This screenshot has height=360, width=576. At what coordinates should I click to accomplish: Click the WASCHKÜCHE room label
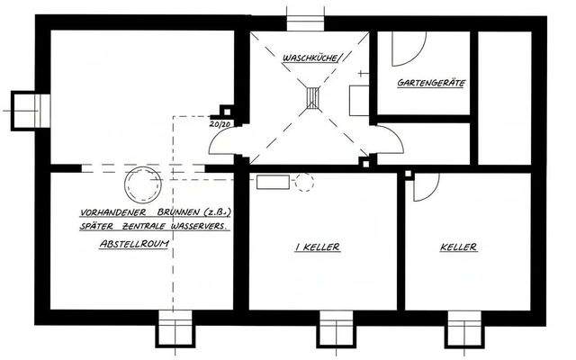[x=310, y=58]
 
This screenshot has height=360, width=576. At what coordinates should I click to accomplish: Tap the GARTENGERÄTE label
[x=431, y=83]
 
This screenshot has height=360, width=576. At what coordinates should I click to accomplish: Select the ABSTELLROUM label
[x=134, y=244]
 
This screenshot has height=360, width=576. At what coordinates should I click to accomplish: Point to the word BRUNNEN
[x=178, y=212]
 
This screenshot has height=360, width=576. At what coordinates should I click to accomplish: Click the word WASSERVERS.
[x=200, y=226]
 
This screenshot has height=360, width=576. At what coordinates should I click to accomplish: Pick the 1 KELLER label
[x=318, y=247]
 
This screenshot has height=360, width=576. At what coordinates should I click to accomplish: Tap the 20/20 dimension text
[x=220, y=124]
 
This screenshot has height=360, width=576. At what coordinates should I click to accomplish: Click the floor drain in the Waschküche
[x=312, y=98]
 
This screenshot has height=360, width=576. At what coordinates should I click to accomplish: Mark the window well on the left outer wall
[x=30, y=111]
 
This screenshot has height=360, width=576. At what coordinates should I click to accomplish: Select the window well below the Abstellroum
[x=175, y=328]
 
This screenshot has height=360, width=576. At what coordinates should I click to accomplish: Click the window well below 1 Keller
[x=336, y=329]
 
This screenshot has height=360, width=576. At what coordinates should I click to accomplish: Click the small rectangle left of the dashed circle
[x=273, y=182]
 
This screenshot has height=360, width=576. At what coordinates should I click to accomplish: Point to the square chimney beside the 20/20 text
[x=227, y=112]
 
